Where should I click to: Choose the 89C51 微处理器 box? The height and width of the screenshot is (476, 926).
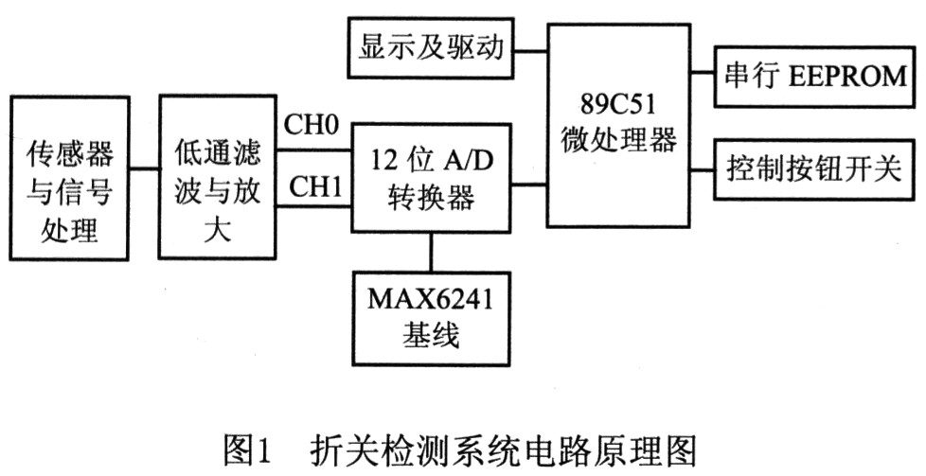click(x=617, y=123)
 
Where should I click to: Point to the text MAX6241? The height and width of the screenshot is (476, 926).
click(x=431, y=301)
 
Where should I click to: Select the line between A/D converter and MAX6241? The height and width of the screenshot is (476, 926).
click(x=431, y=251)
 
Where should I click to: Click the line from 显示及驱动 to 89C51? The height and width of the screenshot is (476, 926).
click(x=531, y=46)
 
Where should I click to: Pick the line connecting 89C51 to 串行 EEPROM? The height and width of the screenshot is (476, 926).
click(x=703, y=75)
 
